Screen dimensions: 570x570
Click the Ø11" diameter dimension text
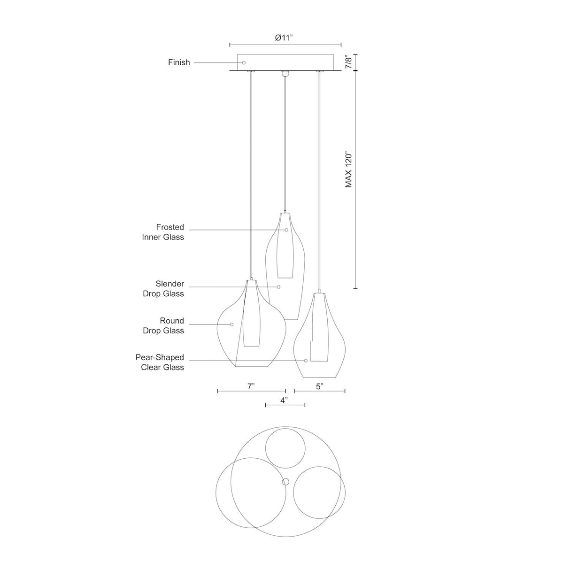284,38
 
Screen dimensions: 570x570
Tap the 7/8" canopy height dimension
349,62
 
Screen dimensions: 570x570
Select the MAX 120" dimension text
349,170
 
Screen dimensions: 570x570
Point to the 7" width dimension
251,386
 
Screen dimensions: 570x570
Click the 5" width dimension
319,386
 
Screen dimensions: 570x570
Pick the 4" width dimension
284,400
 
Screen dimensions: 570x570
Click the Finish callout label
179,62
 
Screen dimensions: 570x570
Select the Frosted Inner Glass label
162,232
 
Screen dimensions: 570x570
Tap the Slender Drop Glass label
163,288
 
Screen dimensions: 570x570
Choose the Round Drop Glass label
163,325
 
